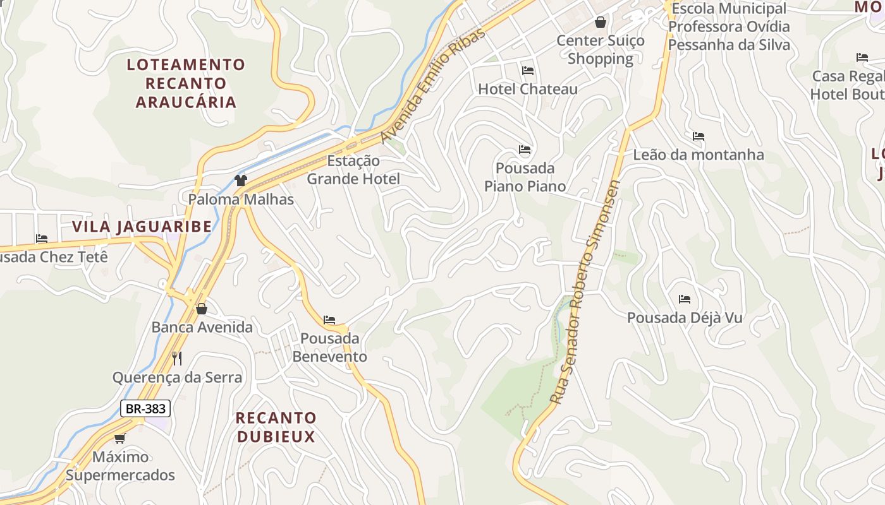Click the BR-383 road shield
coord(145,408)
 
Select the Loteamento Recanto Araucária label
coord(186,83)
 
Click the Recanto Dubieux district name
coord(276,427)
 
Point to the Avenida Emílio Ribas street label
coord(433,85)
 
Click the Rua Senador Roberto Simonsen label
coord(585,292)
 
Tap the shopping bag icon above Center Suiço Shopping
coord(601,22)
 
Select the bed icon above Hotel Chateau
coord(528,71)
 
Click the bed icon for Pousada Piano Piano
coord(525,150)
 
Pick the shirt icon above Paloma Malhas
coord(240,181)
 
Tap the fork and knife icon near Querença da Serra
coord(177,359)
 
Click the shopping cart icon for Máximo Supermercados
coord(120,438)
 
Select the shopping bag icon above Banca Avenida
coord(202,309)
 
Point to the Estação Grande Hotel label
coord(353,170)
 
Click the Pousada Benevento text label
coord(329,348)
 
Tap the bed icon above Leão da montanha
coord(699,136)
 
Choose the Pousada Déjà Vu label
coord(685,318)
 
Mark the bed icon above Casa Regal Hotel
coord(862,57)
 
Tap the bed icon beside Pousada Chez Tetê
coord(42,239)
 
